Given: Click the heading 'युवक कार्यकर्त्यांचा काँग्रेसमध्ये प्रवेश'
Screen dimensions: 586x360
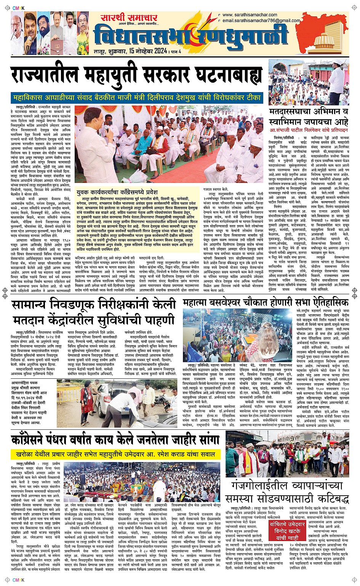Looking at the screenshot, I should [117, 192].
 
